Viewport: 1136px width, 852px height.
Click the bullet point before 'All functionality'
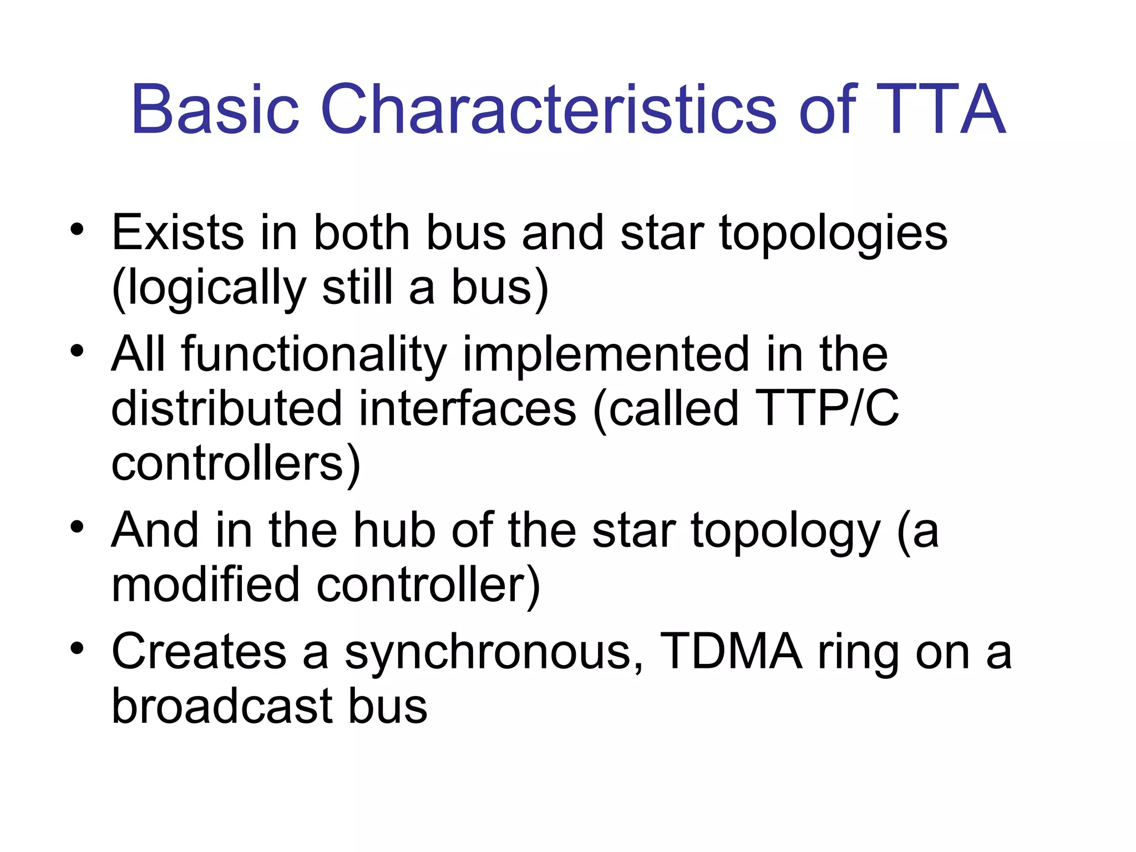77,351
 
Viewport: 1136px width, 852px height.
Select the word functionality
314,355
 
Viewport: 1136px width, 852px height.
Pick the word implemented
606,355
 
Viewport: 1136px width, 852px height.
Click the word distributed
226,409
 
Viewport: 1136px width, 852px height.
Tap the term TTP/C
826,409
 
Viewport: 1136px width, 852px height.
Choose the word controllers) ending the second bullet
236,465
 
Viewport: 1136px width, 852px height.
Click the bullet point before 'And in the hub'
77,527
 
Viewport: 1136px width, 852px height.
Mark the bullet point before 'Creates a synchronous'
77,648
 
